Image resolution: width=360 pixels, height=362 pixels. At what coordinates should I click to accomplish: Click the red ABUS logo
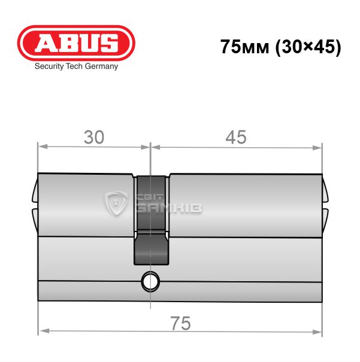[76, 43]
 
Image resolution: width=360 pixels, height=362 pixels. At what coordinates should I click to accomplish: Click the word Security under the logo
[49, 66]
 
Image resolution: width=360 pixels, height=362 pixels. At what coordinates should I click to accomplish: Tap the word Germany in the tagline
[101, 66]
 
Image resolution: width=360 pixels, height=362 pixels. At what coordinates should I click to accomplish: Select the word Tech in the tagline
[74, 66]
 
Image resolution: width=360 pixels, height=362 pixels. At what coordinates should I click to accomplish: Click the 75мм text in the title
[245, 47]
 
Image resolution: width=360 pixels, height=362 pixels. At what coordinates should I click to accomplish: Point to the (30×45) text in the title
[308, 47]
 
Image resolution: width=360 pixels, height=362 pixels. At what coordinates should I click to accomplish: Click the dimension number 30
[94, 138]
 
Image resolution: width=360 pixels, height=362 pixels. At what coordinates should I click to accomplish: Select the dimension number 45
[236, 138]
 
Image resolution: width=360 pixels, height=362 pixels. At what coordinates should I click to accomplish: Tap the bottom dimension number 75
[180, 324]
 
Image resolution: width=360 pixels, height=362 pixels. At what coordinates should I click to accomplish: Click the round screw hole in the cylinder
[150, 282]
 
